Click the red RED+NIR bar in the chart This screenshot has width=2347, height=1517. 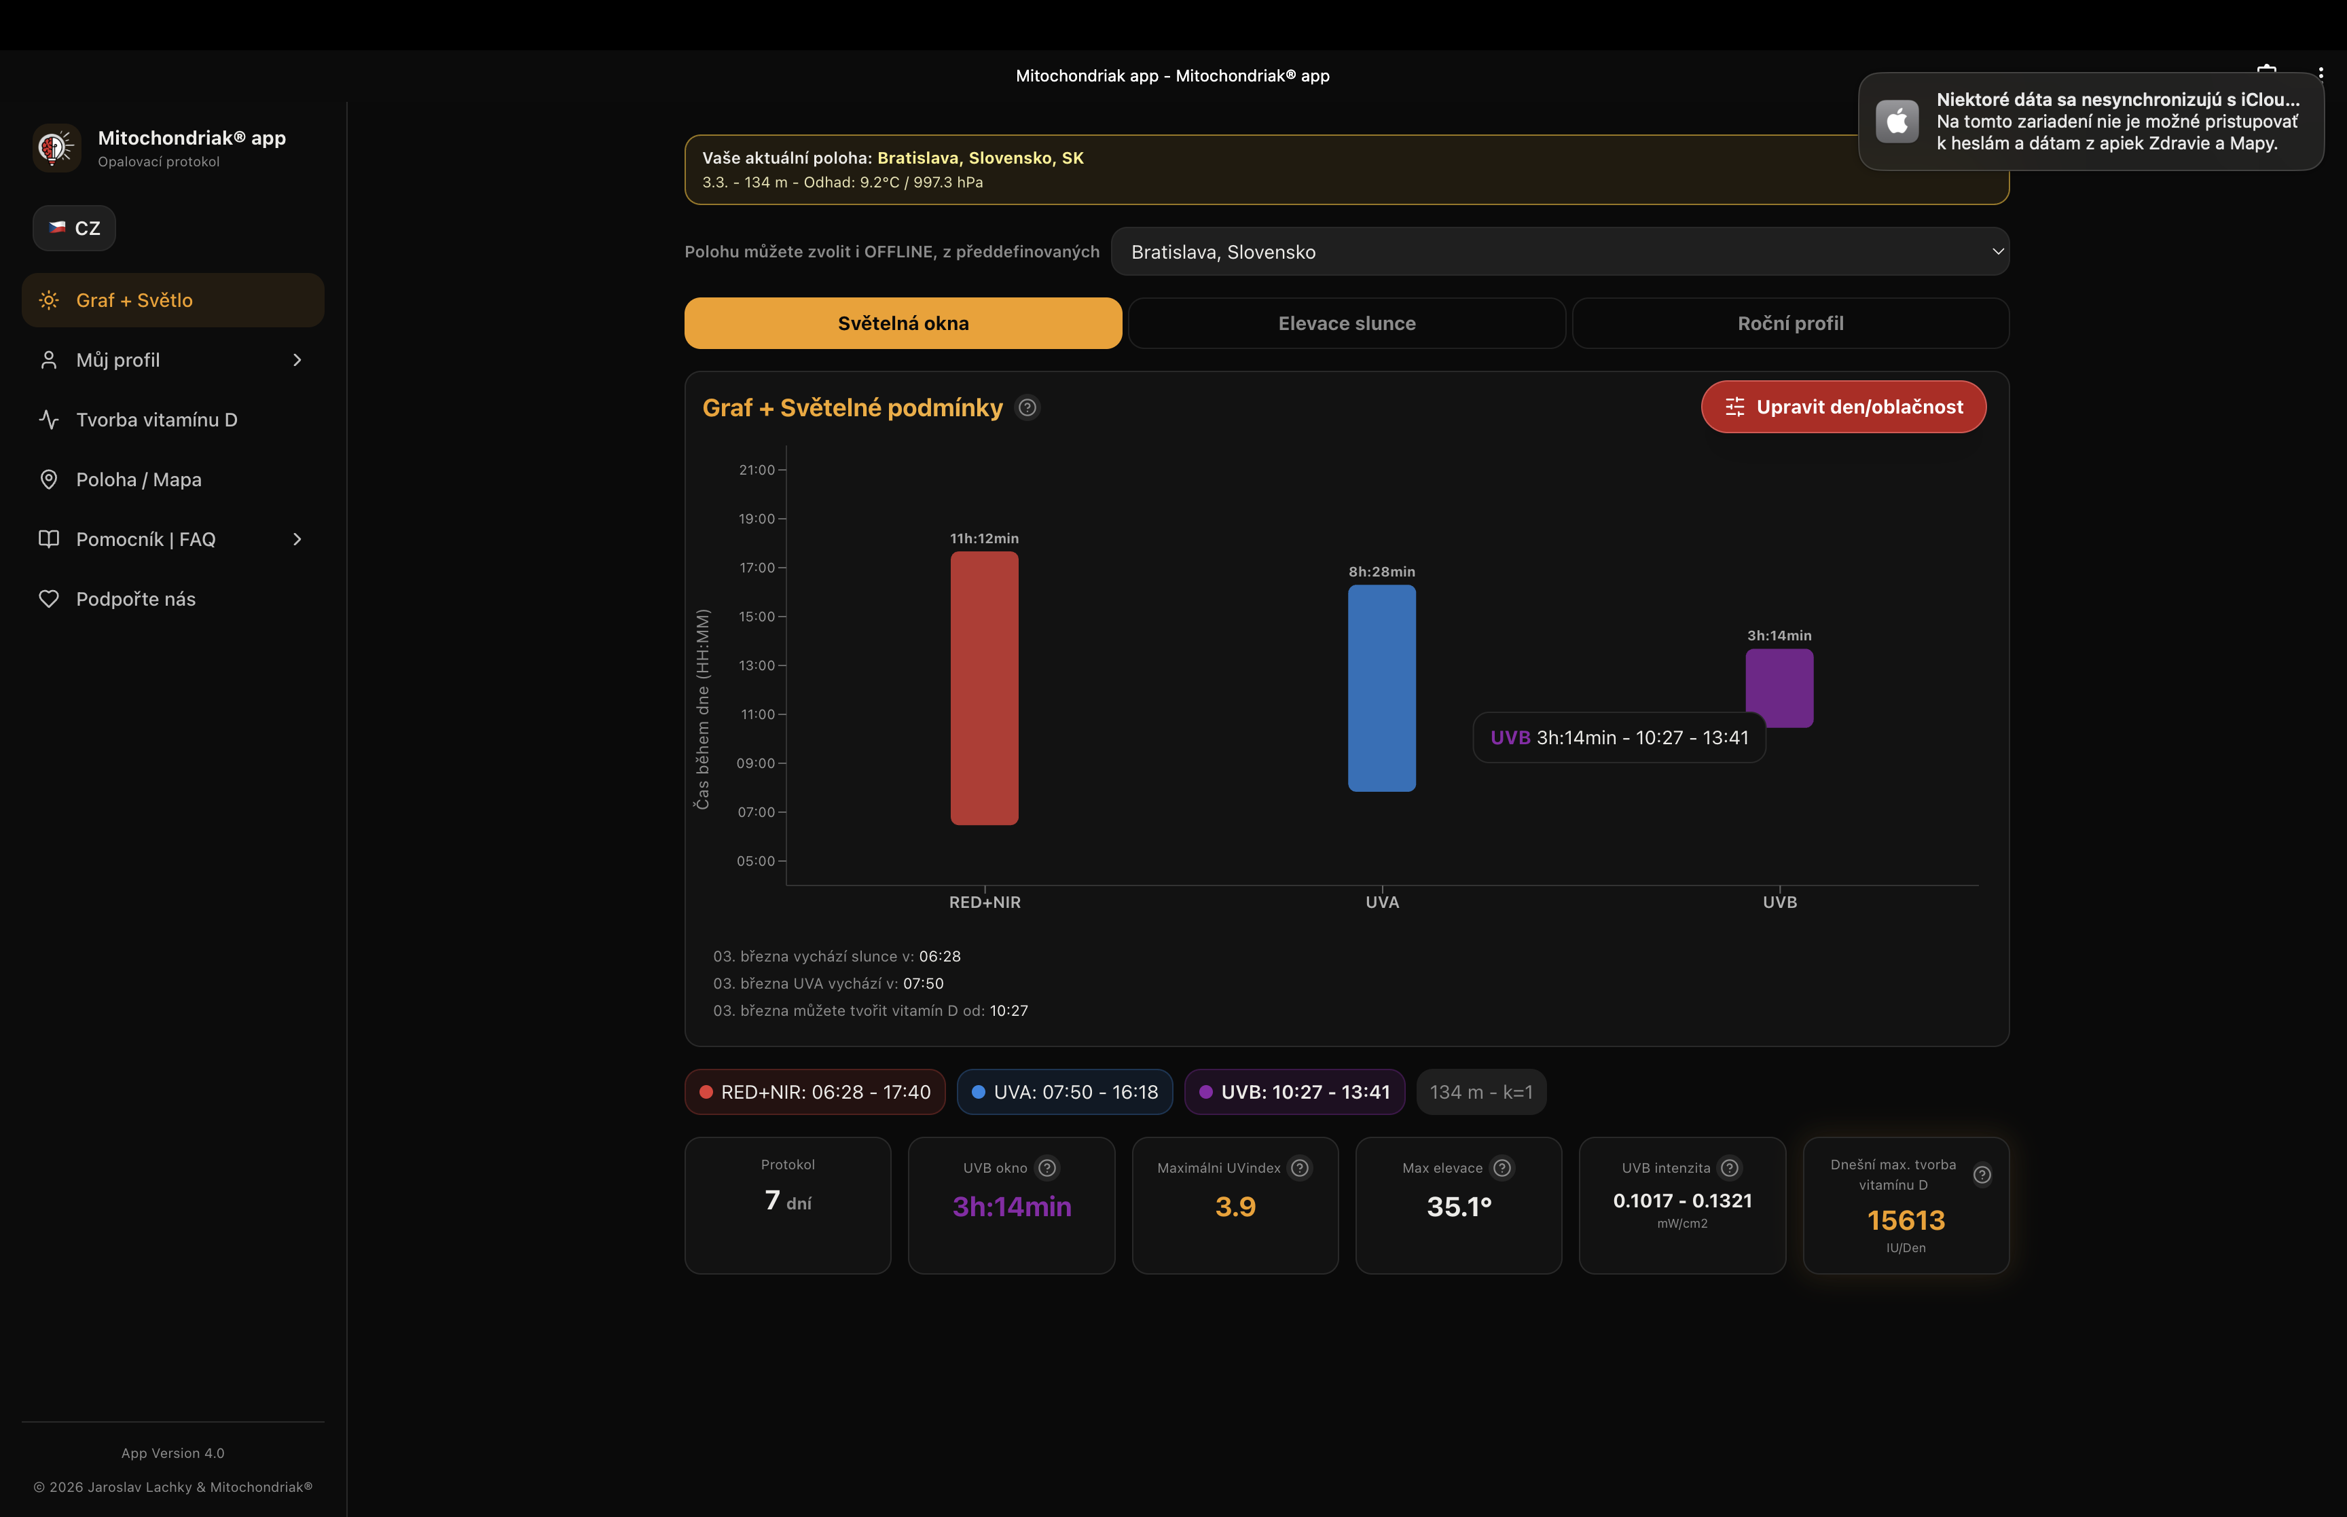[x=984, y=688]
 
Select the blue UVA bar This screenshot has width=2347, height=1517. [x=1381, y=688]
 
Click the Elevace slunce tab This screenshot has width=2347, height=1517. [x=1347, y=323]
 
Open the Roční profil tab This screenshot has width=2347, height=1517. [x=1789, y=323]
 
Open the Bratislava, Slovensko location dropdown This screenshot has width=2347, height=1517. [x=1559, y=252]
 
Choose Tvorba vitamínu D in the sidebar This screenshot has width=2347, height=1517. [x=157, y=420]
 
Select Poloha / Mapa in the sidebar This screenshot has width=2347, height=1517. [x=139, y=479]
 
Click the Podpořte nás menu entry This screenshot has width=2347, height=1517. [x=136, y=599]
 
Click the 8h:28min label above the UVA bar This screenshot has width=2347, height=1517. [x=1381, y=571]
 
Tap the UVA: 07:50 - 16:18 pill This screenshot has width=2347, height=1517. [x=1065, y=1091]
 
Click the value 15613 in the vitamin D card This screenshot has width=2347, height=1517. [x=1905, y=1220]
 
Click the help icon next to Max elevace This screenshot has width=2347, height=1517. [x=1501, y=1168]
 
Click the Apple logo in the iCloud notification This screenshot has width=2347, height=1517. [x=1896, y=121]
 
